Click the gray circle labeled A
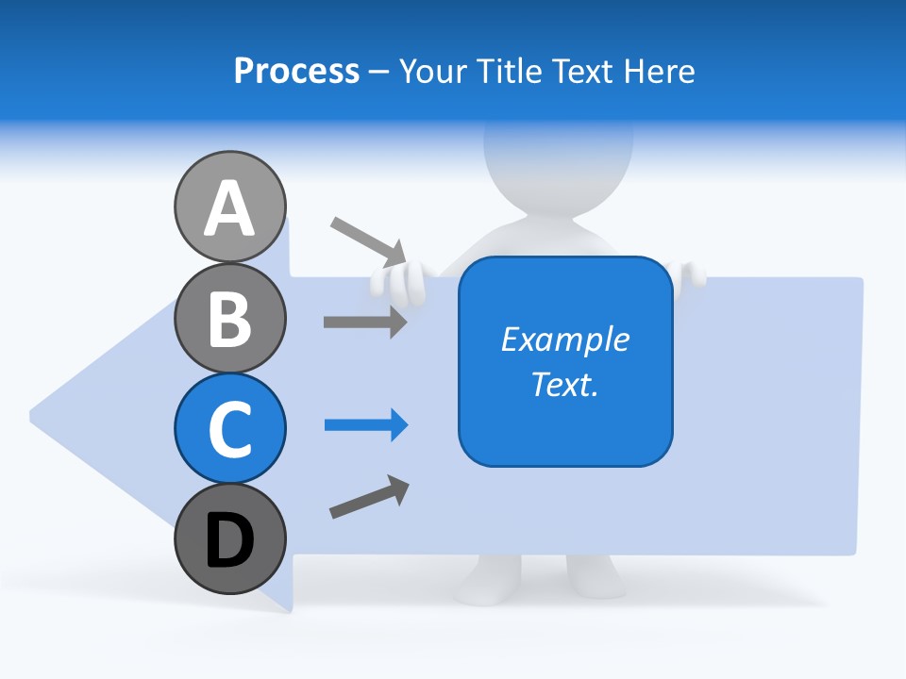click(x=229, y=207)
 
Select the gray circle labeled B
click(x=229, y=318)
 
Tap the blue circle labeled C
click(x=229, y=428)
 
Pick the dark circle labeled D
click(x=229, y=538)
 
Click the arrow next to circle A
click(x=368, y=241)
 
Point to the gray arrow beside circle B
click(x=365, y=322)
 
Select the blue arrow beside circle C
click(x=366, y=425)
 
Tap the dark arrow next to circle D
click(x=369, y=498)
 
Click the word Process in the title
click(x=296, y=71)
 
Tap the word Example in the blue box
click(x=564, y=339)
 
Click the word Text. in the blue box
click(x=564, y=384)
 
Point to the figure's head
click(x=558, y=151)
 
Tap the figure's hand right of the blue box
click(x=691, y=274)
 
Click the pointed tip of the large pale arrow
click(x=34, y=415)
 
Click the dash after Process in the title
click(x=378, y=72)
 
